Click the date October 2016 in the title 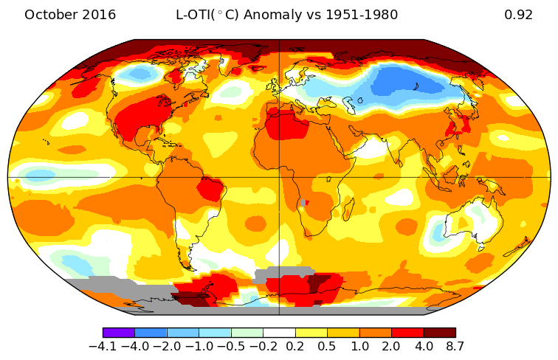pos(70,15)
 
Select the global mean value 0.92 pos(518,15)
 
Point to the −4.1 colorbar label pos(103,346)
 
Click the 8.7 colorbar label pos(454,346)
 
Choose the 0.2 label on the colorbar pos(295,346)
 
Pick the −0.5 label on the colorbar pos(231,346)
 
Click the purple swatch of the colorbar pos(119,333)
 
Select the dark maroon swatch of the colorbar pos(439,333)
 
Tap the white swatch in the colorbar pos(279,333)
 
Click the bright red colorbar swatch pos(407,333)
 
